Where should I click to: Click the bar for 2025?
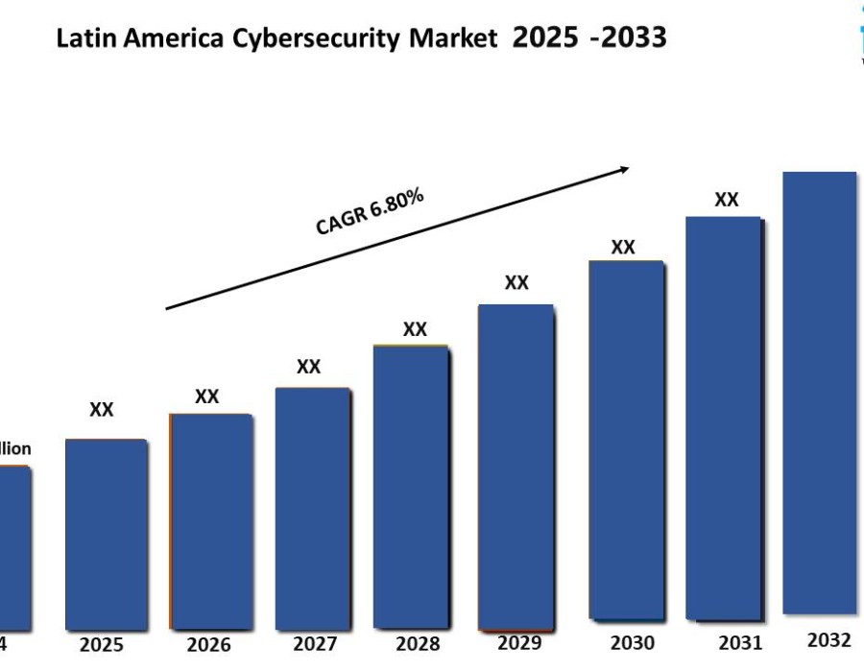pyautogui.click(x=106, y=533)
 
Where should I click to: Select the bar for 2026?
pyautogui.click(x=210, y=520)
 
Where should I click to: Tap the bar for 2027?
pyautogui.click(x=312, y=507)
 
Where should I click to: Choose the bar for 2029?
pyautogui.click(x=516, y=468)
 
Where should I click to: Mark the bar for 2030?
pyautogui.click(x=626, y=440)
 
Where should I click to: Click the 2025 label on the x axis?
pyautogui.click(x=101, y=644)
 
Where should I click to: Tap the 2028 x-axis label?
pyautogui.click(x=417, y=643)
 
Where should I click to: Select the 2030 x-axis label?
pyautogui.click(x=632, y=642)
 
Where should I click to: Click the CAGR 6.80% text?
pyautogui.click(x=371, y=211)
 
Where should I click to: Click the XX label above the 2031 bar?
pyautogui.click(x=727, y=200)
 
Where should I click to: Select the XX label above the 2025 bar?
pyautogui.click(x=102, y=410)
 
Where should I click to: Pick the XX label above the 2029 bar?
pyautogui.click(x=516, y=282)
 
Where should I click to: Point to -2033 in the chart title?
pyautogui.click(x=628, y=38)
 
